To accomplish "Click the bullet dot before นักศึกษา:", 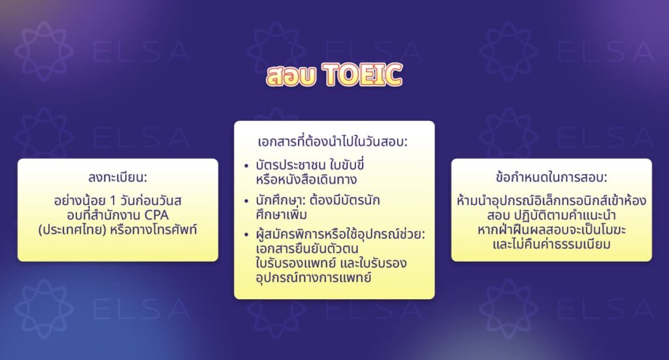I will click(246, 200).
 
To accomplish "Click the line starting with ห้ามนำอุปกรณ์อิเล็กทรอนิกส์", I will click(551, 201).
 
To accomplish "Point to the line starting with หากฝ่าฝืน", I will click(551, 231).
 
